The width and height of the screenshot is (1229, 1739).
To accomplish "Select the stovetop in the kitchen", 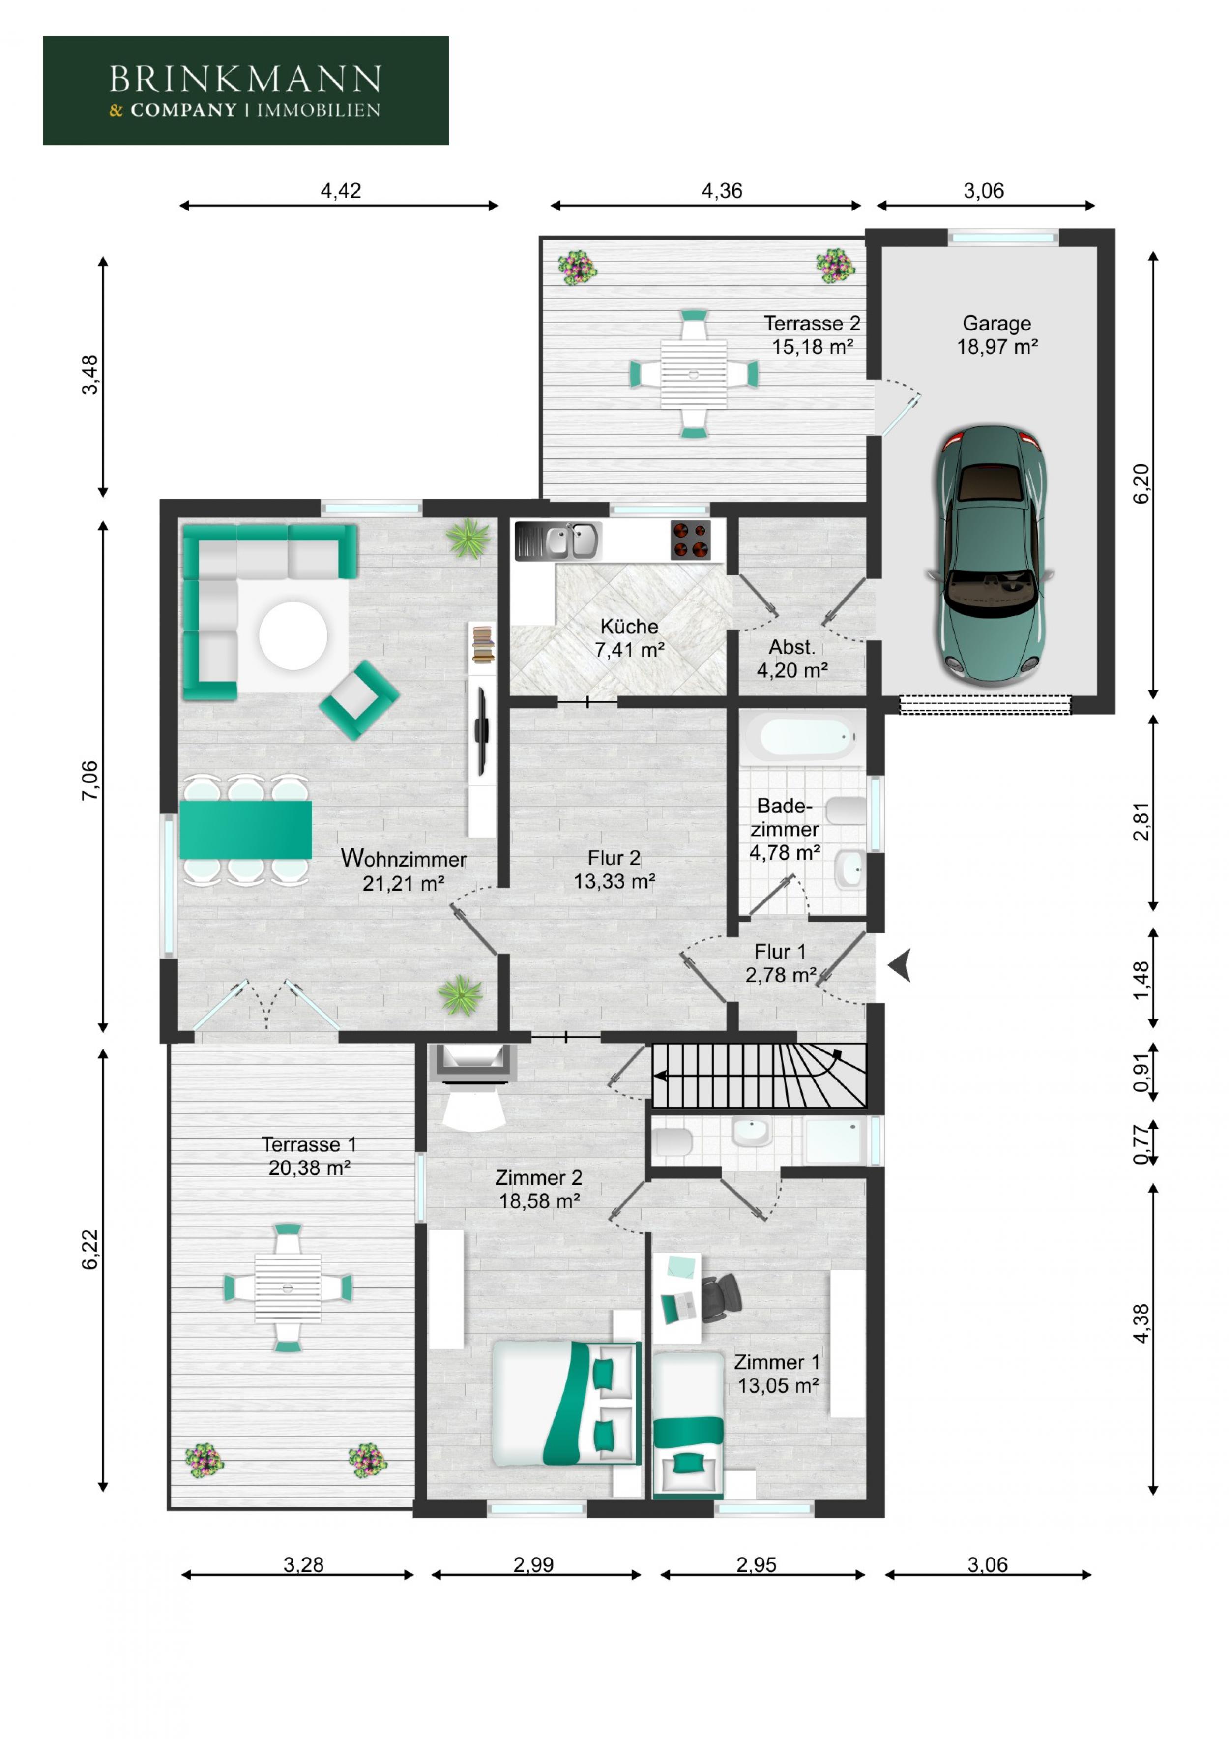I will [690, 540].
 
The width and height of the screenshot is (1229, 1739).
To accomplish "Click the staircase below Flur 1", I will [757, 1076].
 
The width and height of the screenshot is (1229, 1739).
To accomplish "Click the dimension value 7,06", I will [89, 780].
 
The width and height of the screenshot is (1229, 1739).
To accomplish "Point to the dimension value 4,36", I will [721, 191].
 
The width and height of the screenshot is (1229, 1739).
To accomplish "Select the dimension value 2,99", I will [533, 1563].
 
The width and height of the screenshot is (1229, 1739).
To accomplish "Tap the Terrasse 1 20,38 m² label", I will [308, 1155].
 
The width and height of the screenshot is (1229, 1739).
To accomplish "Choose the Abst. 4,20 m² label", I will [791, 658].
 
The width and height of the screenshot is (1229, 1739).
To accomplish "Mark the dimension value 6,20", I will [1141, 483].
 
